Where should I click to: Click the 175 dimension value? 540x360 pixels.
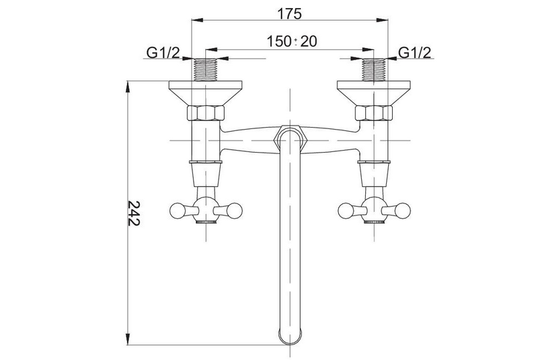pos(290,14)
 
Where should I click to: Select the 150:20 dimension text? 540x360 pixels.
pos(292,41)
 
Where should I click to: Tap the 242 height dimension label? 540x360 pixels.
pos(134,213)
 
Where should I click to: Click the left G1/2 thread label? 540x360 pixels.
pos(163,53)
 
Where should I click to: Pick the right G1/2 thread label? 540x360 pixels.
pos(414,53)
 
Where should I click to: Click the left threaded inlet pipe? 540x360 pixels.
pos(206,70)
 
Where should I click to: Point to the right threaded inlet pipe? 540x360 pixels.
pos(374,70)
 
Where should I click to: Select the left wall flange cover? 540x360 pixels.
pos(206,93)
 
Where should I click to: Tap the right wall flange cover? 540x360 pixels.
pos(374,93)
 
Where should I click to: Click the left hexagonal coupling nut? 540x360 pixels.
pos(206,113)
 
